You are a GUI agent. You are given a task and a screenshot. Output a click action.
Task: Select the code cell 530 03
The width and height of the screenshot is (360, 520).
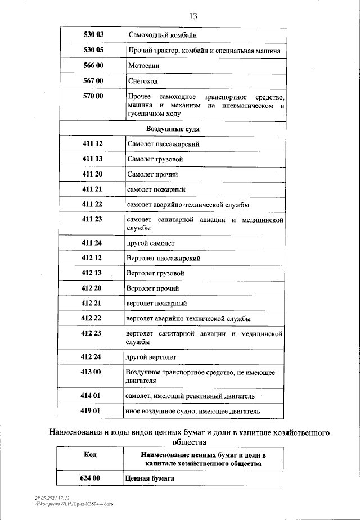click(93, 35)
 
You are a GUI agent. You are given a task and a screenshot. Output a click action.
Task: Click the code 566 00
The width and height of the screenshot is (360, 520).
click(93, 65)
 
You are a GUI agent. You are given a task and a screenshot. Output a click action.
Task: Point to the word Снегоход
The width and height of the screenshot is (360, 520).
click(143, 81)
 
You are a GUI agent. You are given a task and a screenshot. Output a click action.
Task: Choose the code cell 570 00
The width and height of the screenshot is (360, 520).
click(93, 97)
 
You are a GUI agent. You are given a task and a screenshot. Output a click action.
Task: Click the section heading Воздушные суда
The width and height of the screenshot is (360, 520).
click(173, 129)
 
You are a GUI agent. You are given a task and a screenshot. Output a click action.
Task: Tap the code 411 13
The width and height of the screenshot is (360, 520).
click(92, 159)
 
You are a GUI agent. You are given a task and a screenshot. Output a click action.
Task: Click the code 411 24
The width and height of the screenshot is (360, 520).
click(92, 243)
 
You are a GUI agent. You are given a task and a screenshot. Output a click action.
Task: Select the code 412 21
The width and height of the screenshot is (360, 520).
click(92, 304)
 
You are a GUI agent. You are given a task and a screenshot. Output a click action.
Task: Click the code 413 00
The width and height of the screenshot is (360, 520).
click(92, 372)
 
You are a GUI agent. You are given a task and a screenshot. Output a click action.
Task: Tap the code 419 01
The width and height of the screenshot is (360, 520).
click(92, 411)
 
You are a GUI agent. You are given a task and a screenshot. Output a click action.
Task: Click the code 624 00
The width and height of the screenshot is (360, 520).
click(90, 478)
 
